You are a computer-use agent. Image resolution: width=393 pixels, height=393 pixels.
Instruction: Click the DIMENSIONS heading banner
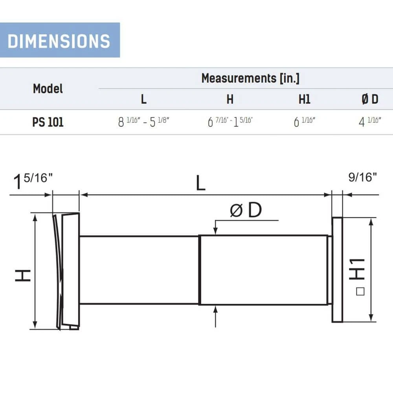[x=59, y=40]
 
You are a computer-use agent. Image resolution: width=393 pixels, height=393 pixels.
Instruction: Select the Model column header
[x=48, y=89]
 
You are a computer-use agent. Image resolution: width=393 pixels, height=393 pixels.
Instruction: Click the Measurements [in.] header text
[x=250, y=78]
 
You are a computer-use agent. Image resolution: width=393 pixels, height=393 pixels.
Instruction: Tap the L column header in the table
[x=144, y=99]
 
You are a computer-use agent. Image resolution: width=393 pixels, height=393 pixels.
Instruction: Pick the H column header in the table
[x=230, y=99]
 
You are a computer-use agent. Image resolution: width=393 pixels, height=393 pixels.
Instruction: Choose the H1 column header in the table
[x=304, y=99]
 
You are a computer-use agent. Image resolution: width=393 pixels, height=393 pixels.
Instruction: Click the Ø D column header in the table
[x=369, y=99]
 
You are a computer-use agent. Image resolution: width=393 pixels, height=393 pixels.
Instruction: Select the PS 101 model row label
[x=48, y=122]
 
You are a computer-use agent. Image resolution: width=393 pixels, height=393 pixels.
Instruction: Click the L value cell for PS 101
[x=144, y=122]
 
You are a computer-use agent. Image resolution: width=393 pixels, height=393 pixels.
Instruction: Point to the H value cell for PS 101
[x=230, y=122]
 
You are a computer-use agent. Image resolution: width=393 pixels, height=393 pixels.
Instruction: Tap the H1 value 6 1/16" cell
[x=305, y=122]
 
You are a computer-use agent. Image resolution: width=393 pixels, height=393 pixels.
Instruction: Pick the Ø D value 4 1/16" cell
[x=370, y=121]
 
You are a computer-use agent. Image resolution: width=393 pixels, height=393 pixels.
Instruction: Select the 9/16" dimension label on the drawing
[x=362, y=178]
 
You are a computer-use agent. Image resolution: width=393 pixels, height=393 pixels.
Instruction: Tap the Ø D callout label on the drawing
[x=246, y=211]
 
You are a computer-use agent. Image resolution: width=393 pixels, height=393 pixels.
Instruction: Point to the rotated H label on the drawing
[x=23, y=275]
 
